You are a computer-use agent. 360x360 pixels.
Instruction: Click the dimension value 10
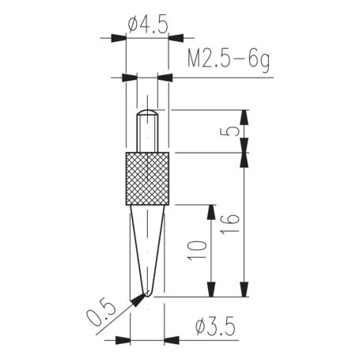point(199,248)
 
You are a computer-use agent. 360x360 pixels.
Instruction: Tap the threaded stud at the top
point(148,131)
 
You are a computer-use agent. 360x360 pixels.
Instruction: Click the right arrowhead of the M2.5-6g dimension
point(166,78)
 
